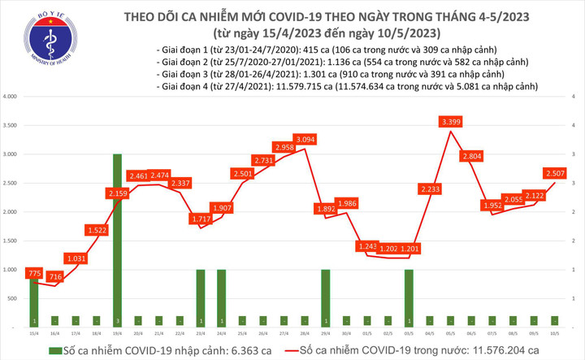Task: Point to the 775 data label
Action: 34,275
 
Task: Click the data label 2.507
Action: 557,173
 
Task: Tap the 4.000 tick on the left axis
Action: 11,97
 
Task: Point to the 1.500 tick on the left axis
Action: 11,241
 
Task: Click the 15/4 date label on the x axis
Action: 34,332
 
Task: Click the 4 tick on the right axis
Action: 574,125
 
